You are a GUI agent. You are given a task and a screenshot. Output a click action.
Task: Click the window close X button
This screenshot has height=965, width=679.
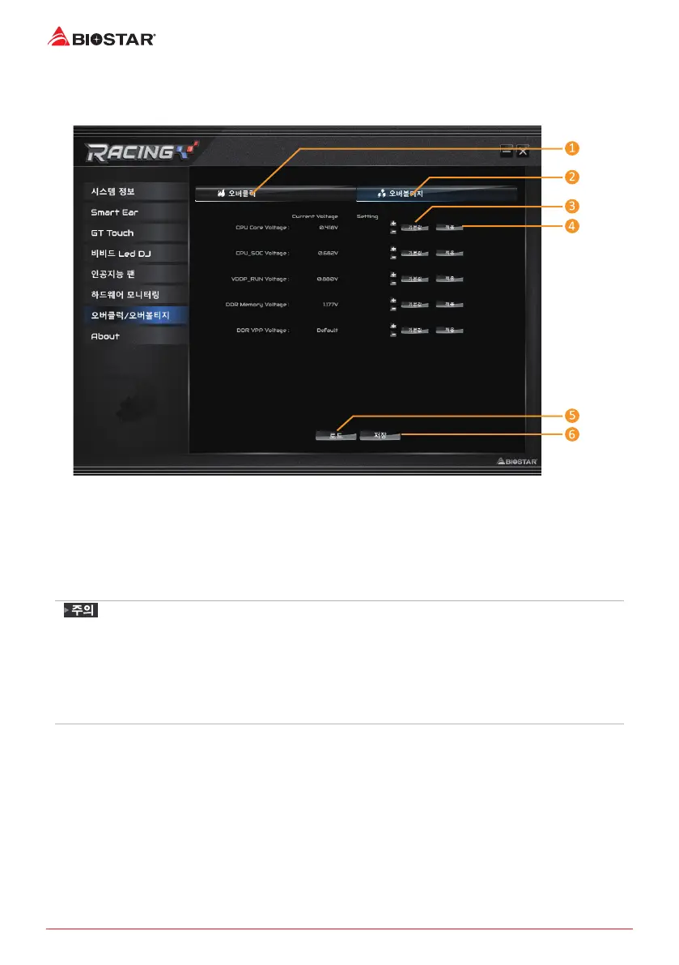click(523, 150)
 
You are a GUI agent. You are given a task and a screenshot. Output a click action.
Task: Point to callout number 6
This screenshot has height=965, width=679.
click(571, 434)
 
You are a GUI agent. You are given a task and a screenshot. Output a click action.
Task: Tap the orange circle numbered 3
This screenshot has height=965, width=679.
click(571, 206)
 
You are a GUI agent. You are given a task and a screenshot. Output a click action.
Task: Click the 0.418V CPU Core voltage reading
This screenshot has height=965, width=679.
click(328, 228)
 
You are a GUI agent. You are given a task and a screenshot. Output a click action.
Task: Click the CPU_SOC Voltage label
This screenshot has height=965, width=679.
click(262, 254)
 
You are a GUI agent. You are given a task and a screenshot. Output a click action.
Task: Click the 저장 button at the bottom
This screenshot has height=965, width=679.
click(380, 435)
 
